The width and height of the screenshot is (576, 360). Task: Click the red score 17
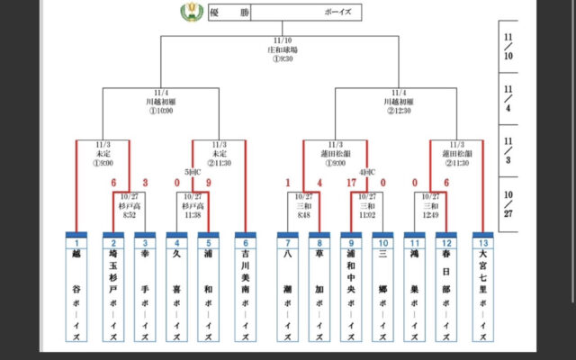(x=352, y=184)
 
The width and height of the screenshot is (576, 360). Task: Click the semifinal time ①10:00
(x=161, y=111)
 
